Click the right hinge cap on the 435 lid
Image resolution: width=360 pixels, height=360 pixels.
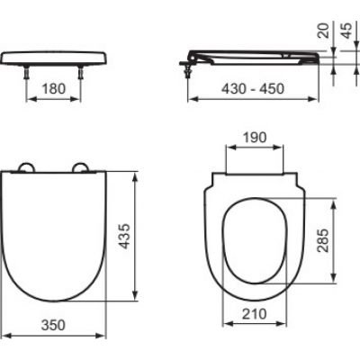[83, 168]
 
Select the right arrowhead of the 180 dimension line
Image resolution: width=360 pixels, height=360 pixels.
[85, 100]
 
